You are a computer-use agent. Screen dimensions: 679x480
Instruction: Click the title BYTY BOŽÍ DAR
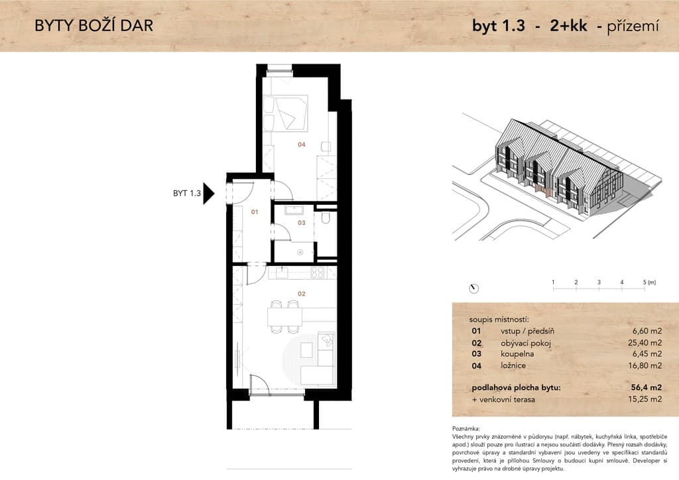94,26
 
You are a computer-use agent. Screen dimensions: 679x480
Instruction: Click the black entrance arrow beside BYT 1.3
209,194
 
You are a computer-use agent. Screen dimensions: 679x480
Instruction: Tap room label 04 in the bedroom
302,145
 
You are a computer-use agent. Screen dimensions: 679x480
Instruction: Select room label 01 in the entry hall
255,212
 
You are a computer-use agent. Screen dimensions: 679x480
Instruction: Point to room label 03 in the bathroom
302,223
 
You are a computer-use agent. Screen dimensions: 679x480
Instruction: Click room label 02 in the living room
302,294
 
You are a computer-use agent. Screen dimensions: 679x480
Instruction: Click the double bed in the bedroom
285,113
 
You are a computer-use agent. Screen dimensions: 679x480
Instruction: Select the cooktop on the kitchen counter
318,272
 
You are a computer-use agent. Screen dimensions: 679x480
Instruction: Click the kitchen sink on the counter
282,272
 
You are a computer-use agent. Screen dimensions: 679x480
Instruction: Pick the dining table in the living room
284,317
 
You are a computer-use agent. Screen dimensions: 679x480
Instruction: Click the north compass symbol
474,288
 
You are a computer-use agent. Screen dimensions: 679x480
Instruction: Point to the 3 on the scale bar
599,282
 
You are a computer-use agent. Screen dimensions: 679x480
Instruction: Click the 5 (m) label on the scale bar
649,282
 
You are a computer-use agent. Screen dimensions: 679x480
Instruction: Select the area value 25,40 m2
645,343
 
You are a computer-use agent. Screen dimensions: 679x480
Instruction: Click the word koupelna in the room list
517,354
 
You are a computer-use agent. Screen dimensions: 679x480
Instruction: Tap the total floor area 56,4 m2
646,387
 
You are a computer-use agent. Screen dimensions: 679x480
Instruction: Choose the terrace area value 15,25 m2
645,399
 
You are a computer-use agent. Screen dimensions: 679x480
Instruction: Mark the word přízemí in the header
633,26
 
